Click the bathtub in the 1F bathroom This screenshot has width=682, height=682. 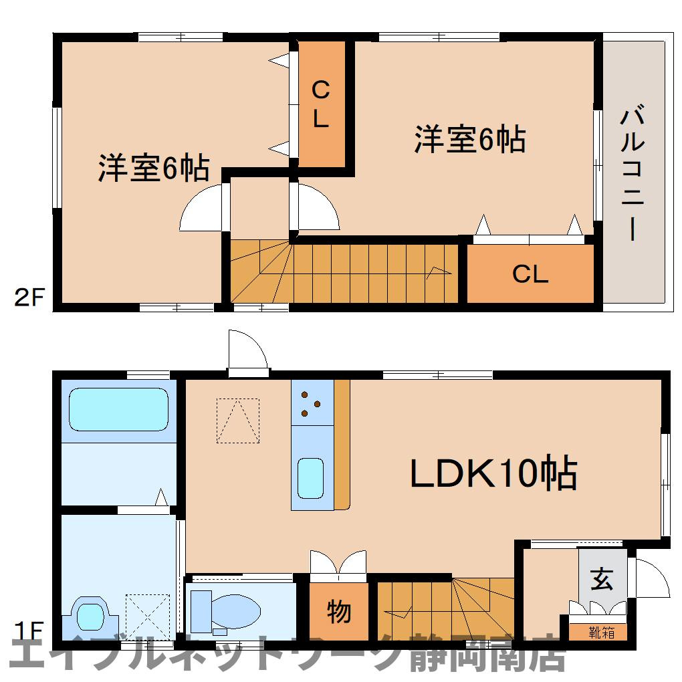pyautogui.click(x=118, y=409)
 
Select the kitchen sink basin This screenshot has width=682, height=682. pyautogui.click(x=310, y=479)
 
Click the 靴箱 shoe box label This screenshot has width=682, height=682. pyautogui.click(x=602, y=633)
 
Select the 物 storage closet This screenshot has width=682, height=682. pyautogui.click(x=339, y=611)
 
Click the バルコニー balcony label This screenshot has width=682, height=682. pyautogui.click(x=633, y=173)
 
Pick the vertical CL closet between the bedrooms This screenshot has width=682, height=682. pyautogui.click(x=322, y=104)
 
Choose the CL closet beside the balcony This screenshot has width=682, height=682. pyautogui.click(x=530, y=273)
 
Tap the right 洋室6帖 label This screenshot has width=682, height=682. pyautogui.click(x=470, y=139)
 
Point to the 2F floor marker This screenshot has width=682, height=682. pyautogui.click(x=29, y=298)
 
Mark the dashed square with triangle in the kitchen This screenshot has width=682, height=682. pyautogui.click(x=238, y=421)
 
